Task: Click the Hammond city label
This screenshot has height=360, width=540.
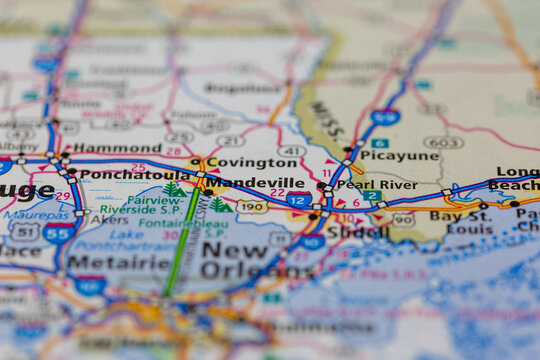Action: coord(117,148)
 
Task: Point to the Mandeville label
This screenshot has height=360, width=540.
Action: coord(255,183)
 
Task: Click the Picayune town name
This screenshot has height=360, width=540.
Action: coord(398,156)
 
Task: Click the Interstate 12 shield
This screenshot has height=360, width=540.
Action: coord(298,200)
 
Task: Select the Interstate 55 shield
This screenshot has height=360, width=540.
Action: coord(58,232)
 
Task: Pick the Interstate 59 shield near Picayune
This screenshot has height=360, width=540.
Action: coord(385,117)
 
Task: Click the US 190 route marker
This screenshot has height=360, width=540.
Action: coord(252,207)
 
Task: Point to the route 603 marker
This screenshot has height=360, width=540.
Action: coord(442,143)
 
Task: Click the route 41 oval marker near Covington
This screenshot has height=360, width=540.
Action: coord(291,151)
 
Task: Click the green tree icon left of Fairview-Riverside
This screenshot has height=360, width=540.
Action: coord(173,189)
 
